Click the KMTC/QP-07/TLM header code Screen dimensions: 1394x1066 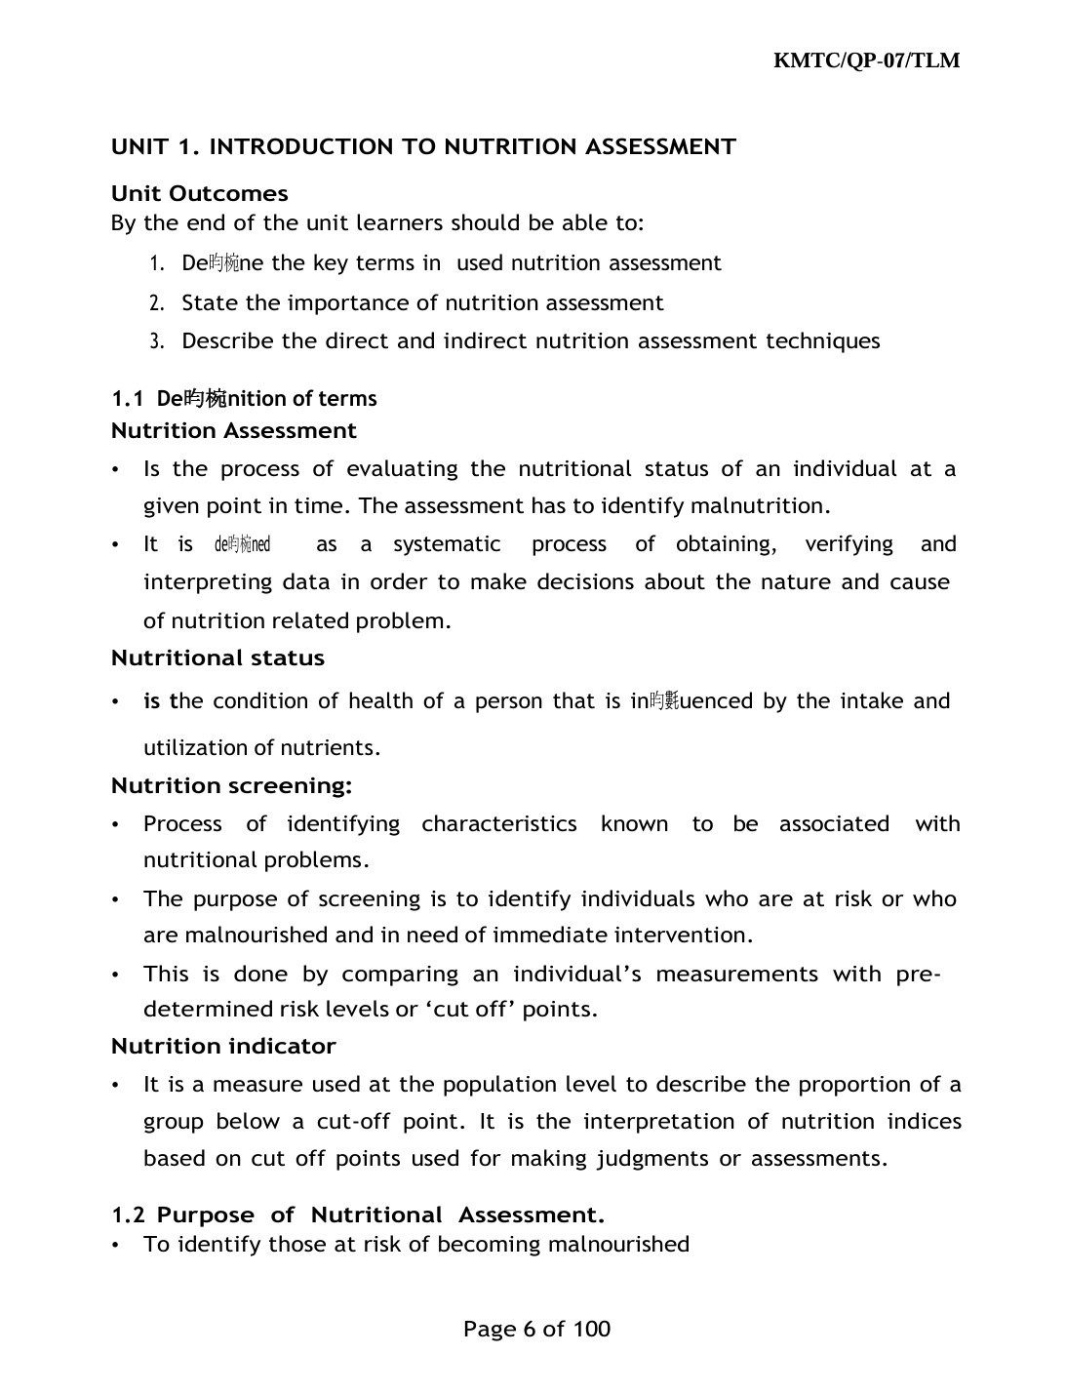[866, 60]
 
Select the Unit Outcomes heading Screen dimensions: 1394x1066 [200, 193]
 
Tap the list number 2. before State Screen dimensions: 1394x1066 [156, 303]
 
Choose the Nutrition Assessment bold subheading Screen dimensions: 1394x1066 [234, 430]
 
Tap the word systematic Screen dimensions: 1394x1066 [447, 544]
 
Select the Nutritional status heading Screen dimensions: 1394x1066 [217, 657]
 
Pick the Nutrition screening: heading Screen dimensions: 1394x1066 [231, 785]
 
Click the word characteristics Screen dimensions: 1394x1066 [499, 824]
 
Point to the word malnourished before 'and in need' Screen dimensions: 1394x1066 [257, 936]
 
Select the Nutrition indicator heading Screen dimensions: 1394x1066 [223, 1046]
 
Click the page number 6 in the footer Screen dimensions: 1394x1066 [530, 1329]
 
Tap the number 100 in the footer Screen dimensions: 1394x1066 [591, 1329]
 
